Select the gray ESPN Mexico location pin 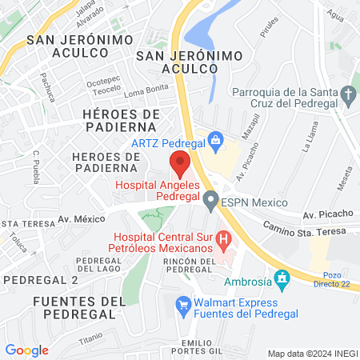(x=211, y=201)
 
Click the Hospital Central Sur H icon (x=224, y=238)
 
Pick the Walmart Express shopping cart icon (x=183, y=304)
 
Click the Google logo (x=26, y=350)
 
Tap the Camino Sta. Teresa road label (x=305, y=230)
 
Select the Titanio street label (x=90, y=338)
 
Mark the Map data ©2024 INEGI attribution (x=312, y=354)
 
